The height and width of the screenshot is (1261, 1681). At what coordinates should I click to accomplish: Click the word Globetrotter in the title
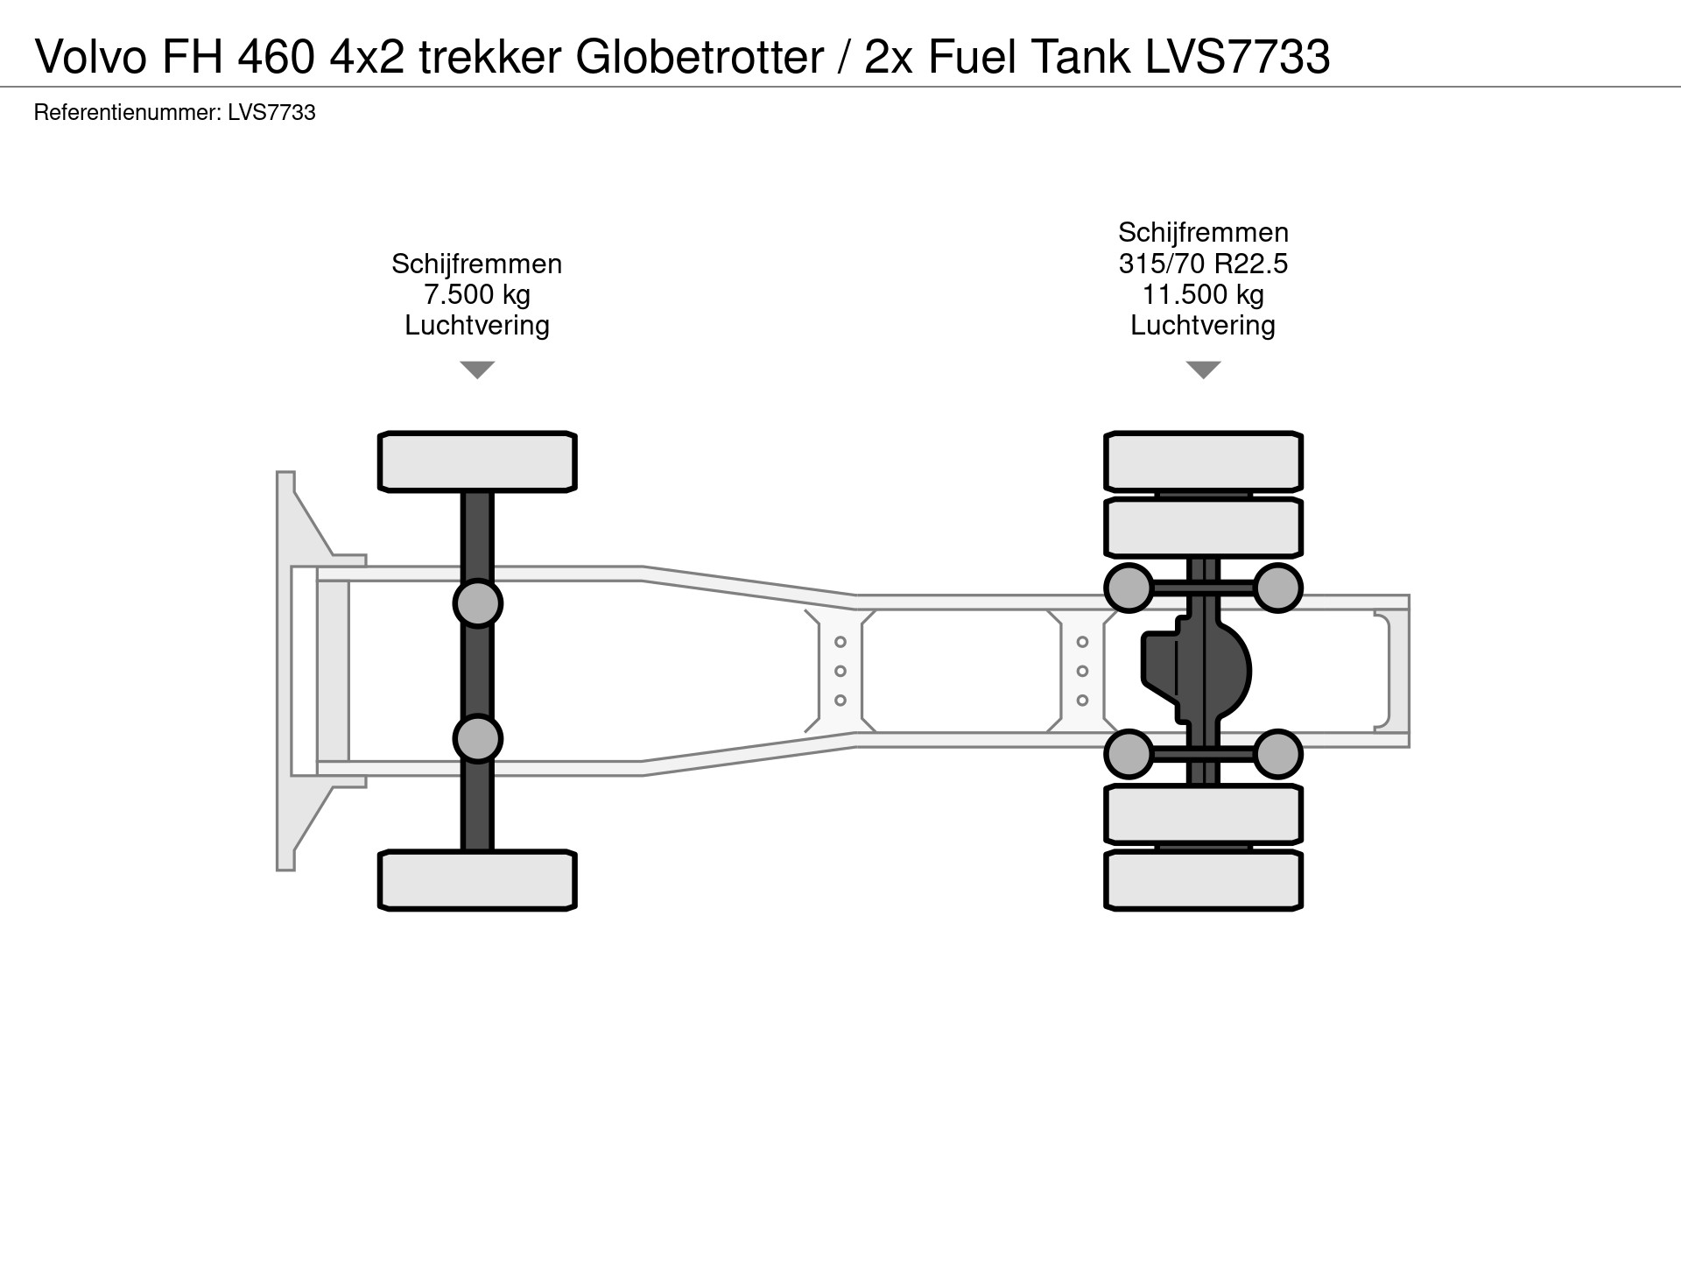pyautogui.click(x=700, y=58)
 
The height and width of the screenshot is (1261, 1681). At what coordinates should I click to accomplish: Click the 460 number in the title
pyautogui.click(x=276, y=58)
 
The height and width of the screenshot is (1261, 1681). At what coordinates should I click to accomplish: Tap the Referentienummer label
pyautogui.click(x=126, y=113)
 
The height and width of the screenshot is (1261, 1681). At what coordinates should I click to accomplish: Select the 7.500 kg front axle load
pyautogui.click(x=477, y=294)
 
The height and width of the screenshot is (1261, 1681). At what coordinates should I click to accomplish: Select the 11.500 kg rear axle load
pyautogui.click(x=1203, y=294)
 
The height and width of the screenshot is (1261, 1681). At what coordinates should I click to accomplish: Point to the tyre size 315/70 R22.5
pyautogui.click(x=1203, y=264)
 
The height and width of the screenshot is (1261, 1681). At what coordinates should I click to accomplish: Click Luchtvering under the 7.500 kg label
pyautogui.click(x=477, y=325)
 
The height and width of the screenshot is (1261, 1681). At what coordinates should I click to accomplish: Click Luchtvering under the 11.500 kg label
pyautogui.click(x=1203, y=325)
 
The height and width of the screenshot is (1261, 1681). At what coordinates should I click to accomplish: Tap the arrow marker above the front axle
pyautogui.click(x=477, y=370)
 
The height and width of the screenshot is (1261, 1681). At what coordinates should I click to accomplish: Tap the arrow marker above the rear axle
pyautogui.click(x=1203, y=370)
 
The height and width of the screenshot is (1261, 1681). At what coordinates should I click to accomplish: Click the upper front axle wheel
pyautogui.click(x=477, y=461)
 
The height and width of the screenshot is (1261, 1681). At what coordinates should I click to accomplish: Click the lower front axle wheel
pyautogui.click(x=477, y=880)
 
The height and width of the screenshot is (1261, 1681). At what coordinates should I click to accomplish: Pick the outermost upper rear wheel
pyautogui.click(x=1203, y=461)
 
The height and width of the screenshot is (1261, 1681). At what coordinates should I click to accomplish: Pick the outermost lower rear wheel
pyautogui.click(x=1203, y=880)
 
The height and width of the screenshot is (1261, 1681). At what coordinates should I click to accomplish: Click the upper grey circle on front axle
pyautogui.click(x=477, y=603)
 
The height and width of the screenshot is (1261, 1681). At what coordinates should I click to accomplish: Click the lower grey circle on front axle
pyautogui.click(x=477, y=739)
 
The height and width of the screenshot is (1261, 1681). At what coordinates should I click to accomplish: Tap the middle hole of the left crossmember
pyautogui.click(x=840, y=672)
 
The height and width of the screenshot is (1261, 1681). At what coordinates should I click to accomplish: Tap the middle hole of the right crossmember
pyautogui.click(x=1082, y=672)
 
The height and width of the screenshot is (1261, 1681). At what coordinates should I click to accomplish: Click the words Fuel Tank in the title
pyautogui.click(x=1030, y=58)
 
